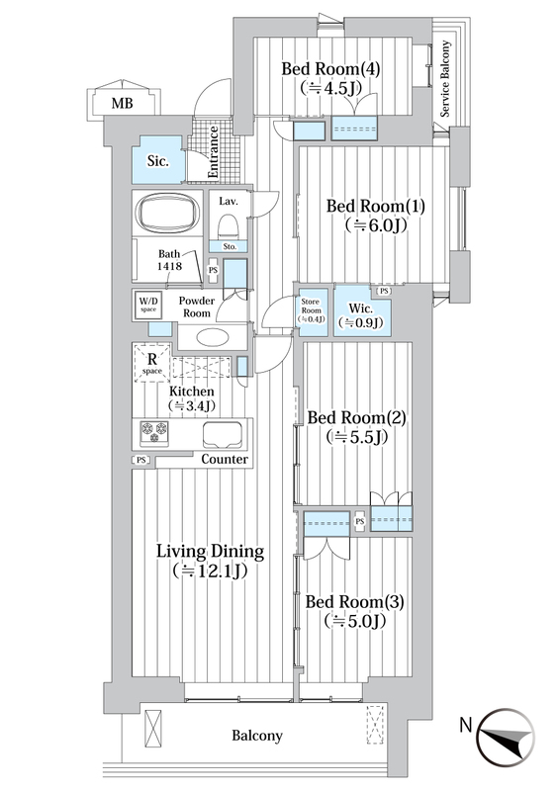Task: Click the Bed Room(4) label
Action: [330, 68]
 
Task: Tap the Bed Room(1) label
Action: [376, 206]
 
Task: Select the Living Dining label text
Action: [210, 552]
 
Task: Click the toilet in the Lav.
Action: [229, 226]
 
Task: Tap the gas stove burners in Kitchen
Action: [154, 434]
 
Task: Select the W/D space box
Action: [148, 306]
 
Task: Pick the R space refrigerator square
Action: [152, 363]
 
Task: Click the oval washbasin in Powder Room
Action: [212, 337]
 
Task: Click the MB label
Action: [123, 104]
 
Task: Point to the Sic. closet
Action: [158, 160]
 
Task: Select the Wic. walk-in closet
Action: [361, 312]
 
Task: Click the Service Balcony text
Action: [445, 79]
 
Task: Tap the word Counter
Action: [225, 459]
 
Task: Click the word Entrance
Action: [213, 152]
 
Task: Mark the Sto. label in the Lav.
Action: [230, 247]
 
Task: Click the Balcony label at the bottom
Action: [257, 736]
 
